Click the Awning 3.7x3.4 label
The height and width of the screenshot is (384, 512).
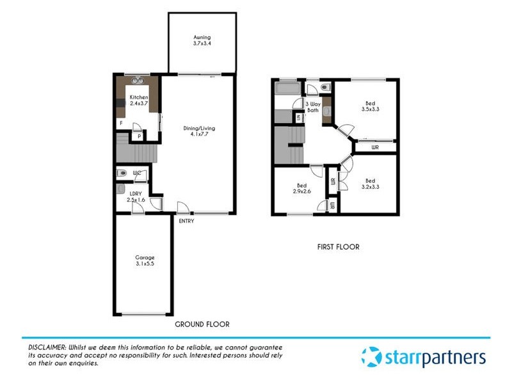(202, 41)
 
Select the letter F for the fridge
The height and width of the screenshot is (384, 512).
(120, 123)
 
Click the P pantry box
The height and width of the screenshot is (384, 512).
(140, 136)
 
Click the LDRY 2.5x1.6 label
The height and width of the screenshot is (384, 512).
(135, 196)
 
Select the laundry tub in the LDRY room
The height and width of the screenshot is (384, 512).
(121, 189)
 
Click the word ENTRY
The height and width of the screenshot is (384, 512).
(186, 221)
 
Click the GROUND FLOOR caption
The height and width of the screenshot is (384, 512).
(202, 324)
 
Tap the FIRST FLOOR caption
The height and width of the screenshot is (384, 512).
(338, 246)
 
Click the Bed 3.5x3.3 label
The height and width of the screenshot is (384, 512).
(370, 106)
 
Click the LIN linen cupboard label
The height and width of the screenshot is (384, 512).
(299, 116)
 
